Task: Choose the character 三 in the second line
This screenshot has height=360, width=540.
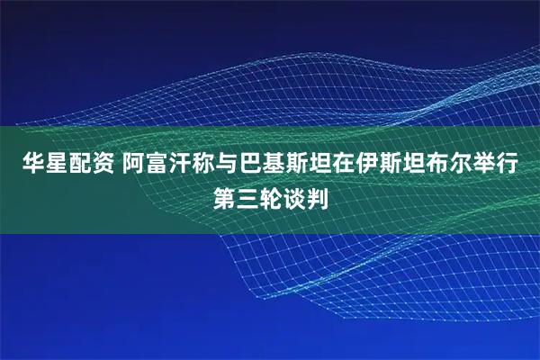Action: point(247,195)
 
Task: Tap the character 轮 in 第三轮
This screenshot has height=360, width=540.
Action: point(270,195)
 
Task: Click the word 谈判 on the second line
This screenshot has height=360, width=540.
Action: point(305,195)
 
